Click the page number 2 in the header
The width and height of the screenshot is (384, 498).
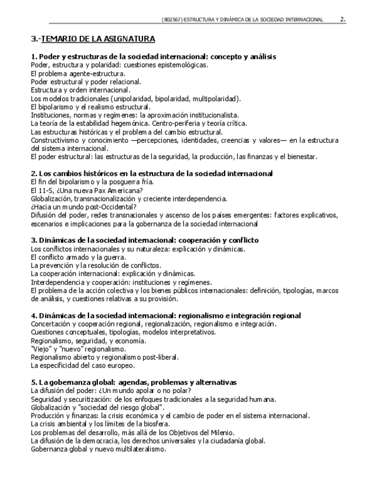click(342, 19)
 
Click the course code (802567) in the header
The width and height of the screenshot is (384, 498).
click(172, 20)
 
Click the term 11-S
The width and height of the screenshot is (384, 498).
click(44, 190)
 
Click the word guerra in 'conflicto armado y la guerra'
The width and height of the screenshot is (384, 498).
click(115, 257)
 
